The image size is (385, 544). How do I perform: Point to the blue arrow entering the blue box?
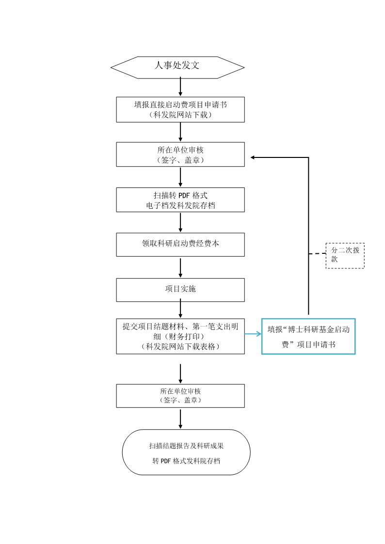253,334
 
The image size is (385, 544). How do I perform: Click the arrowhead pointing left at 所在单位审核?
253,157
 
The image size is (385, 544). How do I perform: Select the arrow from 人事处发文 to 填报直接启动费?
180,87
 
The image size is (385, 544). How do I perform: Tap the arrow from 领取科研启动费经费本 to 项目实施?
180,267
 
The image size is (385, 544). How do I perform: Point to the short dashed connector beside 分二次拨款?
317,254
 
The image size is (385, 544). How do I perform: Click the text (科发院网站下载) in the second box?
180,115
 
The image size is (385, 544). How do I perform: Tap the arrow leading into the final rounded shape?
180,419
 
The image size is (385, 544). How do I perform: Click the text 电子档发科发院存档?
180,205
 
